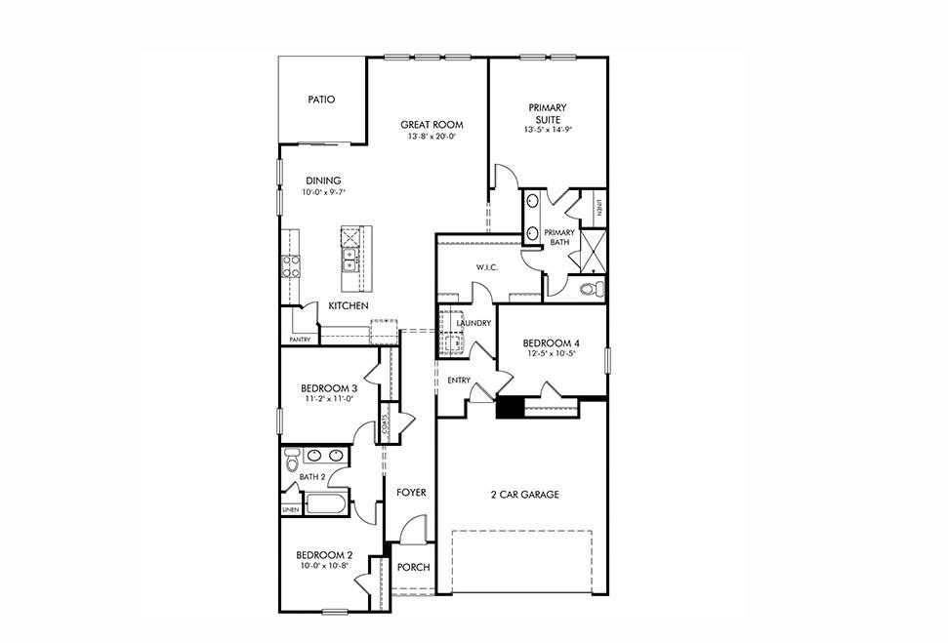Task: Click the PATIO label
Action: [x=321, y=100]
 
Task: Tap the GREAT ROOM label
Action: [x=432, y=125]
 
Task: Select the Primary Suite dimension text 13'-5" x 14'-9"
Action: [x=548, y=129]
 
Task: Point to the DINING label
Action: [x=323, y=181]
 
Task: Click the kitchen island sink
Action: [x=349, y=259]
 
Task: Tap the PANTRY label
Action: [x=300, y=340]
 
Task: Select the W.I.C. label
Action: [x=488, y=267]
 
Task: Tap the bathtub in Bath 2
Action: [x=326, y=505]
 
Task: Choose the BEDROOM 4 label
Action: [x=551, y=343]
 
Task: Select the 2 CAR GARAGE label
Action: [x=524, y=495]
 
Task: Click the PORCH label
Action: [x=414, y=568]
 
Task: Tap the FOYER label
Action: [x=411, y=493]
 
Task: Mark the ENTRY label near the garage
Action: [x=459, y=381]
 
